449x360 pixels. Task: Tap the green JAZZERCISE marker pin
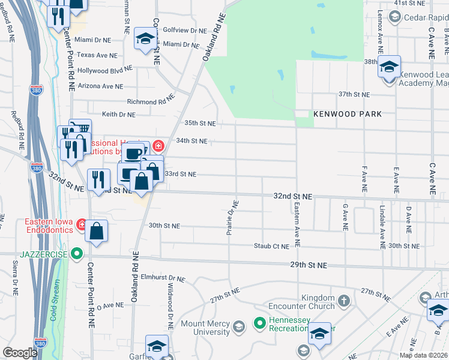(x=76, y=254)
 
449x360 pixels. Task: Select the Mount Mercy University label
(x=205, y=328)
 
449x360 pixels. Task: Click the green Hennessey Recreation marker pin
(x=260, y=323)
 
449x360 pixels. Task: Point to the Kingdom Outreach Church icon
(x=344, y=299)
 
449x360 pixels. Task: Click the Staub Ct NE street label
(x=271, y=246)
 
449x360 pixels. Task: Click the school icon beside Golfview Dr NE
(x=144, y=40)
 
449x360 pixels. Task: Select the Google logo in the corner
(x=20, y=353)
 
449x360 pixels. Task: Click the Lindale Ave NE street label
(x=382, y=226)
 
